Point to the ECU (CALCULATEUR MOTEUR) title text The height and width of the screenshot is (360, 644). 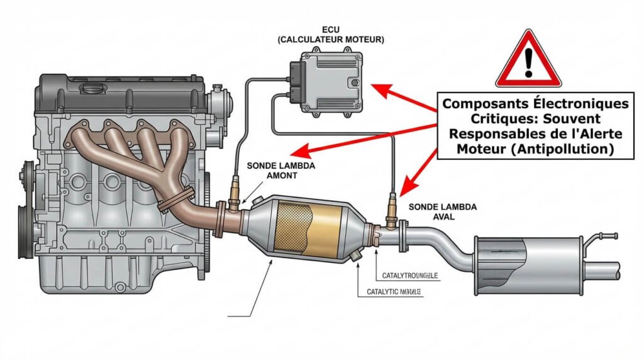(331, 35)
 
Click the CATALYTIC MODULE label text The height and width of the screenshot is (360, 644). (394, 292)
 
